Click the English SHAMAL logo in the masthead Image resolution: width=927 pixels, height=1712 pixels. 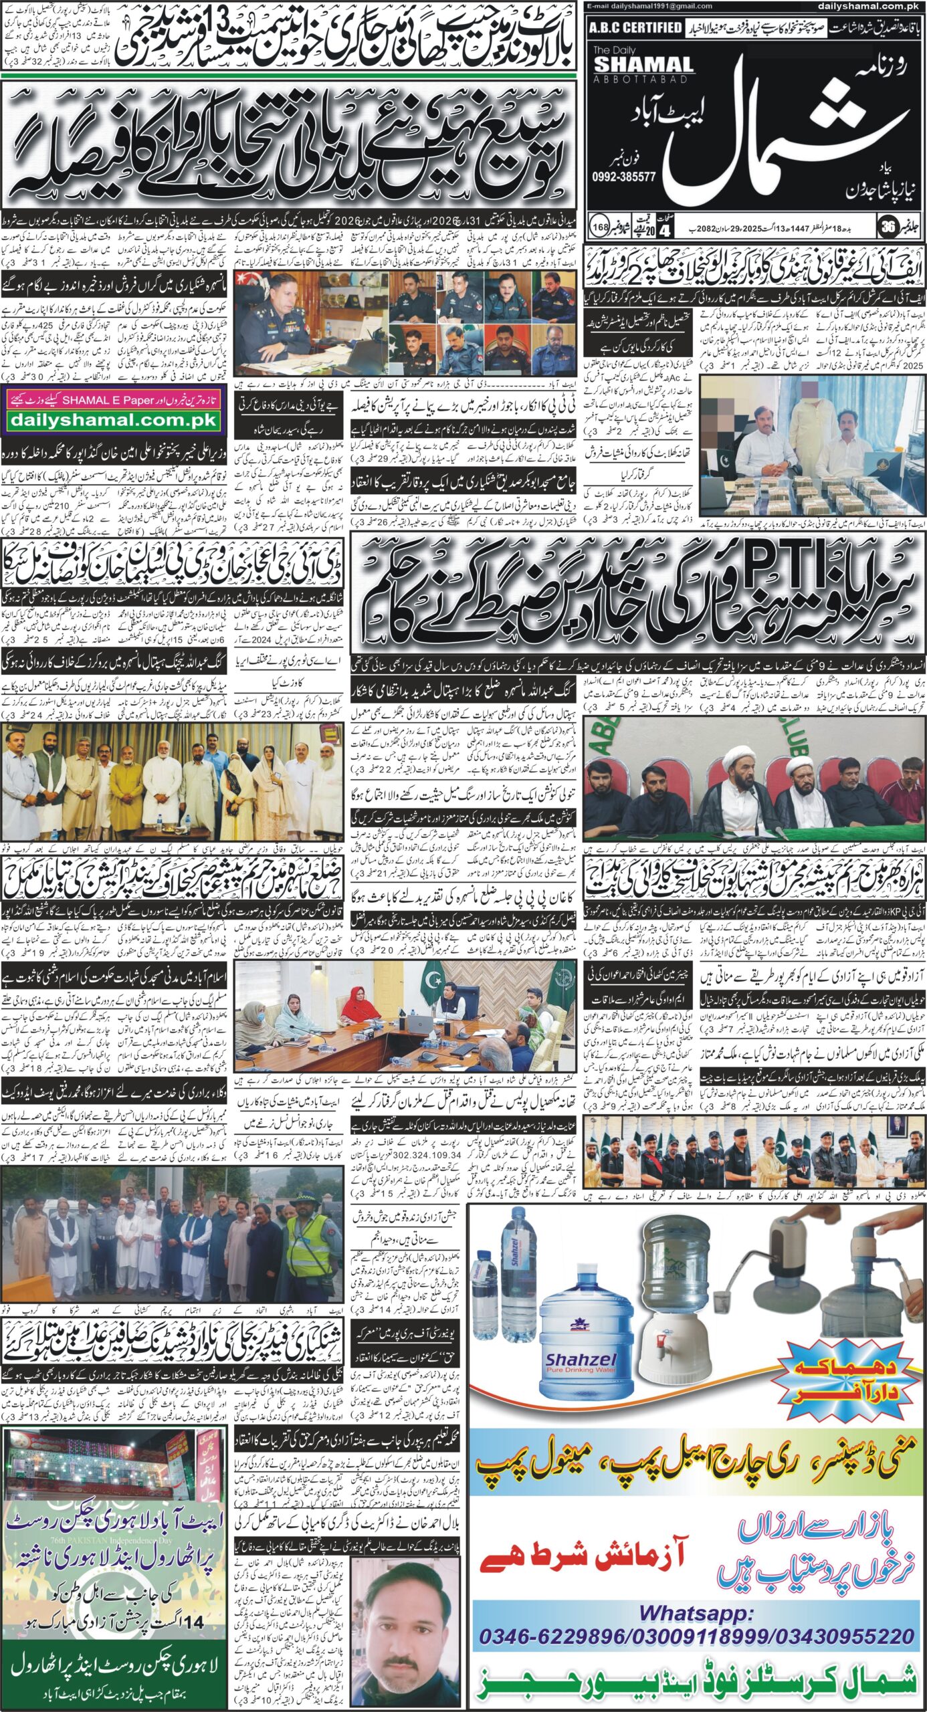click(x=643, y=64)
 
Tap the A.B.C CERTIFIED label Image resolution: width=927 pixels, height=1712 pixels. click(x=635, y=27)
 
